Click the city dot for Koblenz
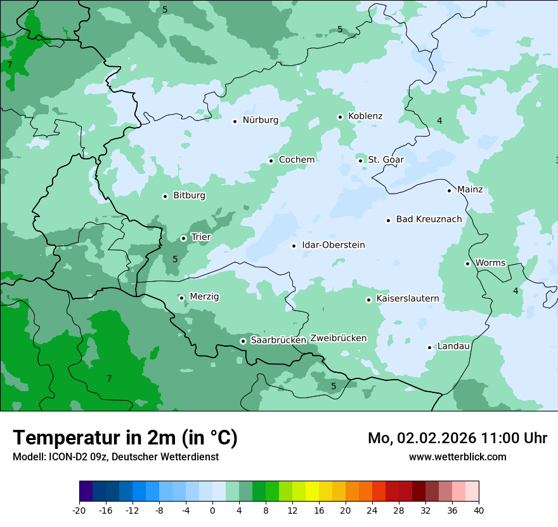[340, 117]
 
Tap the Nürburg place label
[260, 120]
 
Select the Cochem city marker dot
[271, 161]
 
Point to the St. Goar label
[386, 159]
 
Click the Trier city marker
[183, 238]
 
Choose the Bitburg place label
[189, 196]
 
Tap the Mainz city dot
[449, 190]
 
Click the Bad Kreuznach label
[429, 219]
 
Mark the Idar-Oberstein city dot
[294, 246]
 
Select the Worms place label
[490, 262]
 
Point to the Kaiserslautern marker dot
[368, 300]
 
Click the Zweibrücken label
[338, 338]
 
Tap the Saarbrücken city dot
[243, 341]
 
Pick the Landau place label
[453, 346]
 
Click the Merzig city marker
[181, 298]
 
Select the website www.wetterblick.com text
[457, 457]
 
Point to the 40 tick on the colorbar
[479, 510]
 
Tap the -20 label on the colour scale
[79, 510]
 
